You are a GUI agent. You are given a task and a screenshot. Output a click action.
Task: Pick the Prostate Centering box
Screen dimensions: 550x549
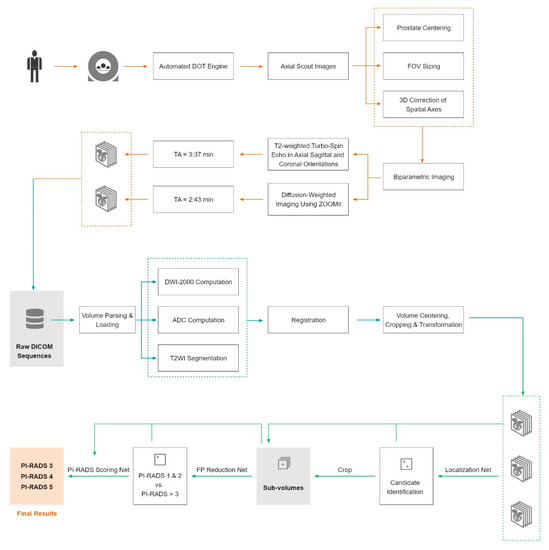click(x=423, y=29)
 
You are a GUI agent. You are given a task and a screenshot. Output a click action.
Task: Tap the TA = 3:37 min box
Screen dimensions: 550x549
click(x=195, y=155)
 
